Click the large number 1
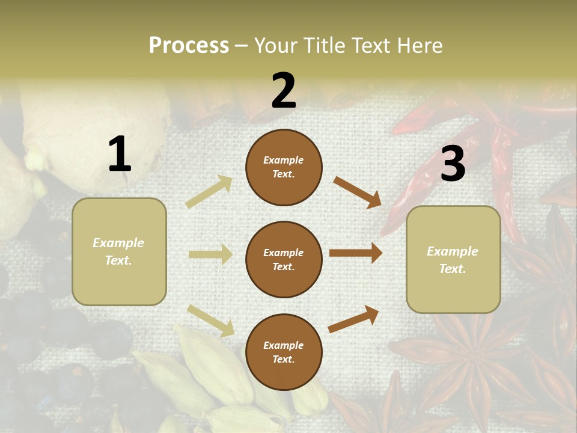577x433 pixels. [x=120, y=154]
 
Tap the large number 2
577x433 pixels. [x=284, y=91]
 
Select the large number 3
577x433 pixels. [x=453, y=164]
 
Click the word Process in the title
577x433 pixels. [x=189, y=45]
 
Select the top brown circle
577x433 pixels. [x=284, y=167]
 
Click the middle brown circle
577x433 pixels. [x=284, y=259]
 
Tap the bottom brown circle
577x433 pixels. [x=284, y=352]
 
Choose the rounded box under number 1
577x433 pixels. [x=119, y=251]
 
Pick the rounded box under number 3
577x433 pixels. [x=453, y=260]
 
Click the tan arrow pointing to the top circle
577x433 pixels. [x=209, y=192]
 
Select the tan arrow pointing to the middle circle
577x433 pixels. [x=210, y=255]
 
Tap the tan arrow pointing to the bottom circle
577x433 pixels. [x=211, y=321]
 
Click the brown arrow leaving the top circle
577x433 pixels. [x=358, y=192]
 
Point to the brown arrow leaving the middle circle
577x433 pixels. [x=356, y=253]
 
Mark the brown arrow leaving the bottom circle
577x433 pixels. [x=354, y=319]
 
